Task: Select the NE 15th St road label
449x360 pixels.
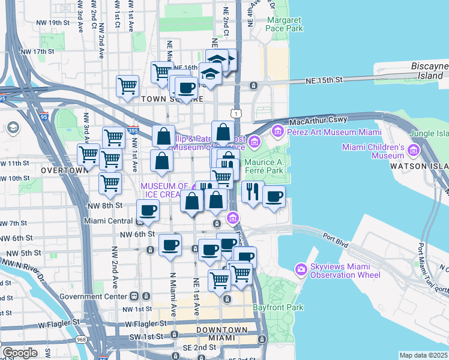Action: (321, 79)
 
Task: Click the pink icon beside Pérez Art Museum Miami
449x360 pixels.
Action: (278, 130)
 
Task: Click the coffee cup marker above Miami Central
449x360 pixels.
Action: (148, 211)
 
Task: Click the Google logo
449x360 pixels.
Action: (20, 353)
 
